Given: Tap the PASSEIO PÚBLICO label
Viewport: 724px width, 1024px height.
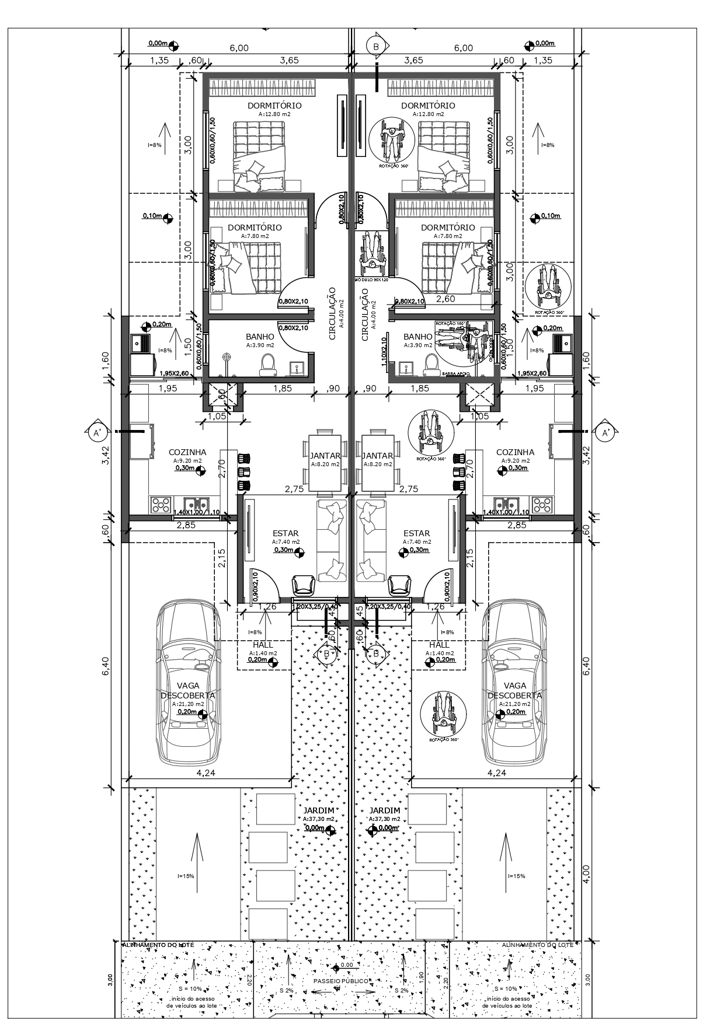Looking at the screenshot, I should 341,981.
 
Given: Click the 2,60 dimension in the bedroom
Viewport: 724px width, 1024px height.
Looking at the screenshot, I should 445,299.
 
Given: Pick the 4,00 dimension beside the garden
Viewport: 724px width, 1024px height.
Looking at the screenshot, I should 587,873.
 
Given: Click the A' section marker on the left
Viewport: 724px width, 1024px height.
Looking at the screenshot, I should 97,432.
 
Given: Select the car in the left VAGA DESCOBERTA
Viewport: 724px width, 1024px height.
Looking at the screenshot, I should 188,683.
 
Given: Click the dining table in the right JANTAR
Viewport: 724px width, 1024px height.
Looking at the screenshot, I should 378,461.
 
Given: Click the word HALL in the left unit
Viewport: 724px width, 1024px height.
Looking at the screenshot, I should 263,645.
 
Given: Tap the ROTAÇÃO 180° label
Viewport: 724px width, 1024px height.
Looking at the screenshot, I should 447,323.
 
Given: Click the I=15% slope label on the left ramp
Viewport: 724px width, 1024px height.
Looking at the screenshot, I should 186,876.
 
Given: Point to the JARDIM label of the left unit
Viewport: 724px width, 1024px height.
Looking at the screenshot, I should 319,810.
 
